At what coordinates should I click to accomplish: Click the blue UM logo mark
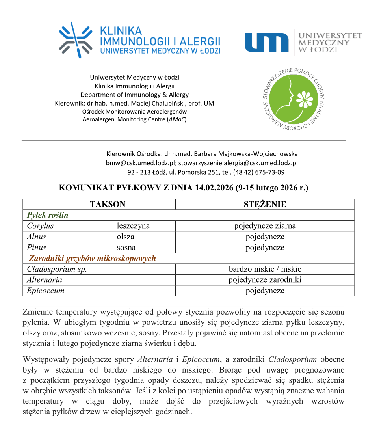(x=266, y=43)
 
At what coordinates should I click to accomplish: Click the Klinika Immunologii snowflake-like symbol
(x=76, y=40)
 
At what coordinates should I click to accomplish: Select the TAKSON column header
(x=107, y=204)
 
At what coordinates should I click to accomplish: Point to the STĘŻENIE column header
(x=265, y=204)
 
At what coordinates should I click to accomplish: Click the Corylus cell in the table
(x=40, y=226)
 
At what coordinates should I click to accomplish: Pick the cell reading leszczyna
(x=133, y=226)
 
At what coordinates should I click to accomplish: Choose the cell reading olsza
(x=125, y=237)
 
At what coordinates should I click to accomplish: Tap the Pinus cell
(x=37, y=248)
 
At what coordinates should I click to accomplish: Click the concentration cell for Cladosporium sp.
(x=265, y=269)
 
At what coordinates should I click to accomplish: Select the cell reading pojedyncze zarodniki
(x=265, y=280)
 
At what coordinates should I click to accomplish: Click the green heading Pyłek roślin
(x=48, y=215)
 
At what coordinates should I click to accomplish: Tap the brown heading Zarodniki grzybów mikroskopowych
(x=92, y=259)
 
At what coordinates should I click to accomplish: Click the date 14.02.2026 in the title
(x=213, y=188)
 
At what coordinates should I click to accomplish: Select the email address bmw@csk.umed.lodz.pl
(x=138, y=163)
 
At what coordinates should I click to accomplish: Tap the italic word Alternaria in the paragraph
(x=155, y=359)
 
